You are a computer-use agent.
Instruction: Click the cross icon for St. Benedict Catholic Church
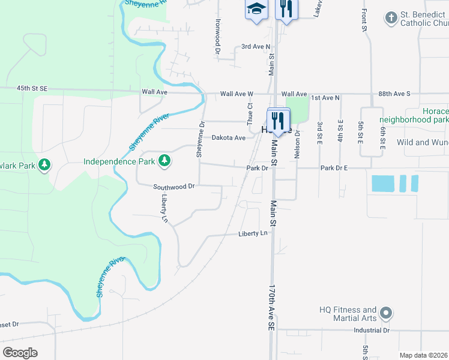click(x=391, y=17)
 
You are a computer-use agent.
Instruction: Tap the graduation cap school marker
click(x=256, y=10)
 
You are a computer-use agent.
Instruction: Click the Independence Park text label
click(x=119, y=161)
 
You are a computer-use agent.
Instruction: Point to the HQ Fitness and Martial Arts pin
click(x=387, y=313)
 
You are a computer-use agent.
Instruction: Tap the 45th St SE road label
click(x=32, y=88)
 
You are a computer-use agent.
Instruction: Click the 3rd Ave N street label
click(x=254, y=46)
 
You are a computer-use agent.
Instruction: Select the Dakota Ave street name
click(x=229, y=138)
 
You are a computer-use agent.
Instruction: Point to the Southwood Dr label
click(x=174, y=187)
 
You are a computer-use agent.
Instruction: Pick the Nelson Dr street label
click(x=297, y=145)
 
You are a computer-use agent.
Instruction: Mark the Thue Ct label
click(x=250, y=113)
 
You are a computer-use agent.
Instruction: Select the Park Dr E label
click(x=334, y=168)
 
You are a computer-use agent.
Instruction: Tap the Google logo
click(x=20, y=353)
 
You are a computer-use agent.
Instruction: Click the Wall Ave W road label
click(x=237, y=94)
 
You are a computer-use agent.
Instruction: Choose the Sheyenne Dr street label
click(x=200, y=140)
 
